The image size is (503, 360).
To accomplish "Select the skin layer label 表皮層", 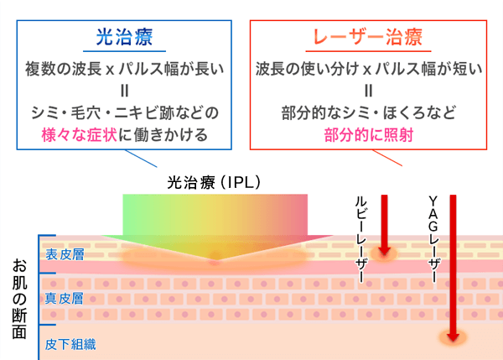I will tap(65, 254).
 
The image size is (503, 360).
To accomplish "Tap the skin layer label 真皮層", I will tap(65, 297).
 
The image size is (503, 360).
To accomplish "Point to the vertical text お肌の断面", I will tap(18, 297).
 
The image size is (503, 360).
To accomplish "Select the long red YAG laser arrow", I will tap(453, 269).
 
